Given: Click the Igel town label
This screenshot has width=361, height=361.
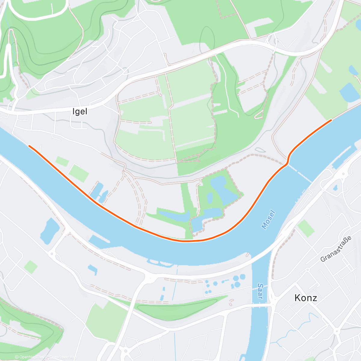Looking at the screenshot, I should click(x=80, y=112).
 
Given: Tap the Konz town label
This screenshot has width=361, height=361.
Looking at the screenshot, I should click(x=306, y=298).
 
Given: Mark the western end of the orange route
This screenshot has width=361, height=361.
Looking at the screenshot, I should click(x=29, y=146).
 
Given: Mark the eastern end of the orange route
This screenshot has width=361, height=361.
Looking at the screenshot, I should click(x=331, y=120).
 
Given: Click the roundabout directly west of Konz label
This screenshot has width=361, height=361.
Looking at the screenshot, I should click(x=274, y=304).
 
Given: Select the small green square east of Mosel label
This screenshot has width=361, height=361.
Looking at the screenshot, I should click(x=306, y=228).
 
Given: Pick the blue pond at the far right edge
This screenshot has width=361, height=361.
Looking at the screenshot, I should click(x=350, y=91).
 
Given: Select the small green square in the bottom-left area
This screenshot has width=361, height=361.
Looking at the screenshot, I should click(x=31, y=267).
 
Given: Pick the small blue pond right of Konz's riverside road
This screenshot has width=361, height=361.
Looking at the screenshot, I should click(x=335, y=188).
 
